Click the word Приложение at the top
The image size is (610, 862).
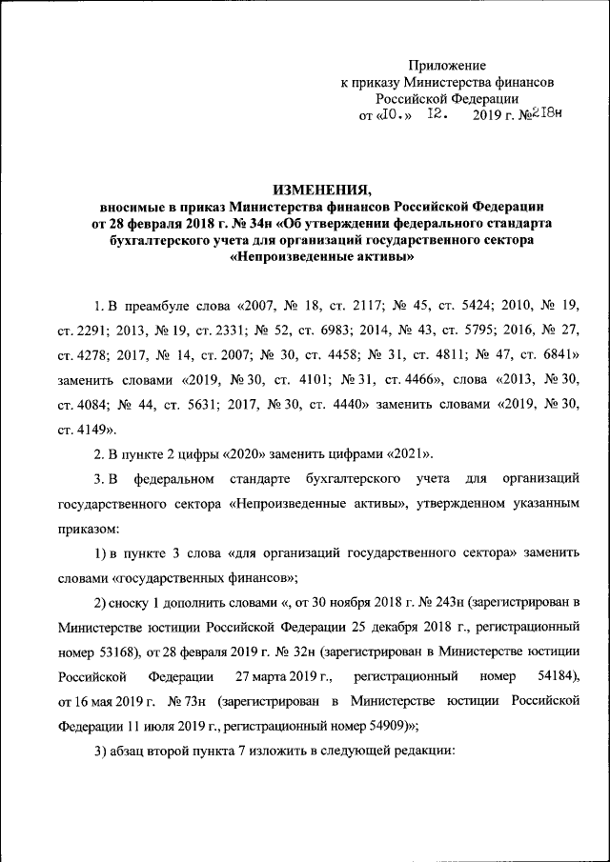(448, 65)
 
